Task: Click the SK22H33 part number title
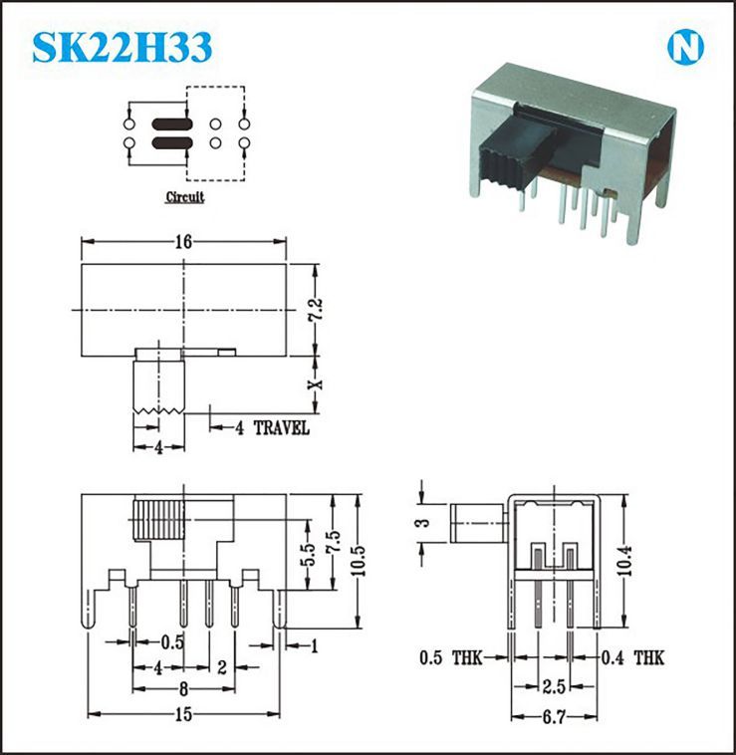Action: [123, 47]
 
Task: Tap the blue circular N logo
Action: [685, 47]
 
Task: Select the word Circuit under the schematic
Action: [185, 197]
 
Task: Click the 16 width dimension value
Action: [183, 241]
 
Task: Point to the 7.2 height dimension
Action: [317, 310]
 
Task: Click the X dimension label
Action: [316, 384]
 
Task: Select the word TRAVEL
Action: [282, 428]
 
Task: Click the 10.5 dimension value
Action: [358, 561]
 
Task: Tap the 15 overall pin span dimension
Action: [183, 714]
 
